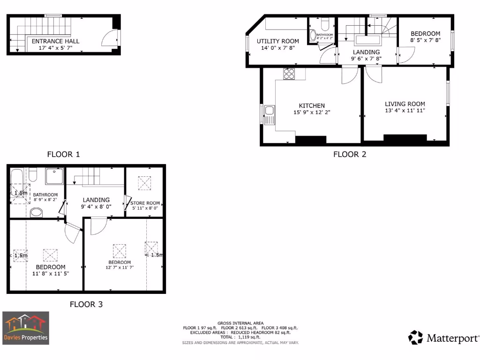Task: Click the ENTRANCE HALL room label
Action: point(55,41)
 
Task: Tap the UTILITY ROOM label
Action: point(277,41)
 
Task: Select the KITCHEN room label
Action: point(312,105)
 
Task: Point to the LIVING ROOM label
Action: point(405,104)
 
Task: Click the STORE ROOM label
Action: point(145,203)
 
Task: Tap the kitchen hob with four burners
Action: point(289,74)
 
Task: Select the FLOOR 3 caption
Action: point(86,304)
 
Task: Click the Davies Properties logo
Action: point(26,328)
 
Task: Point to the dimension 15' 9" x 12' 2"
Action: point(312,112)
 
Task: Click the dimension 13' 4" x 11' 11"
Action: point(405,111)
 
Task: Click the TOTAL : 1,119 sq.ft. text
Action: point(240,337)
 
